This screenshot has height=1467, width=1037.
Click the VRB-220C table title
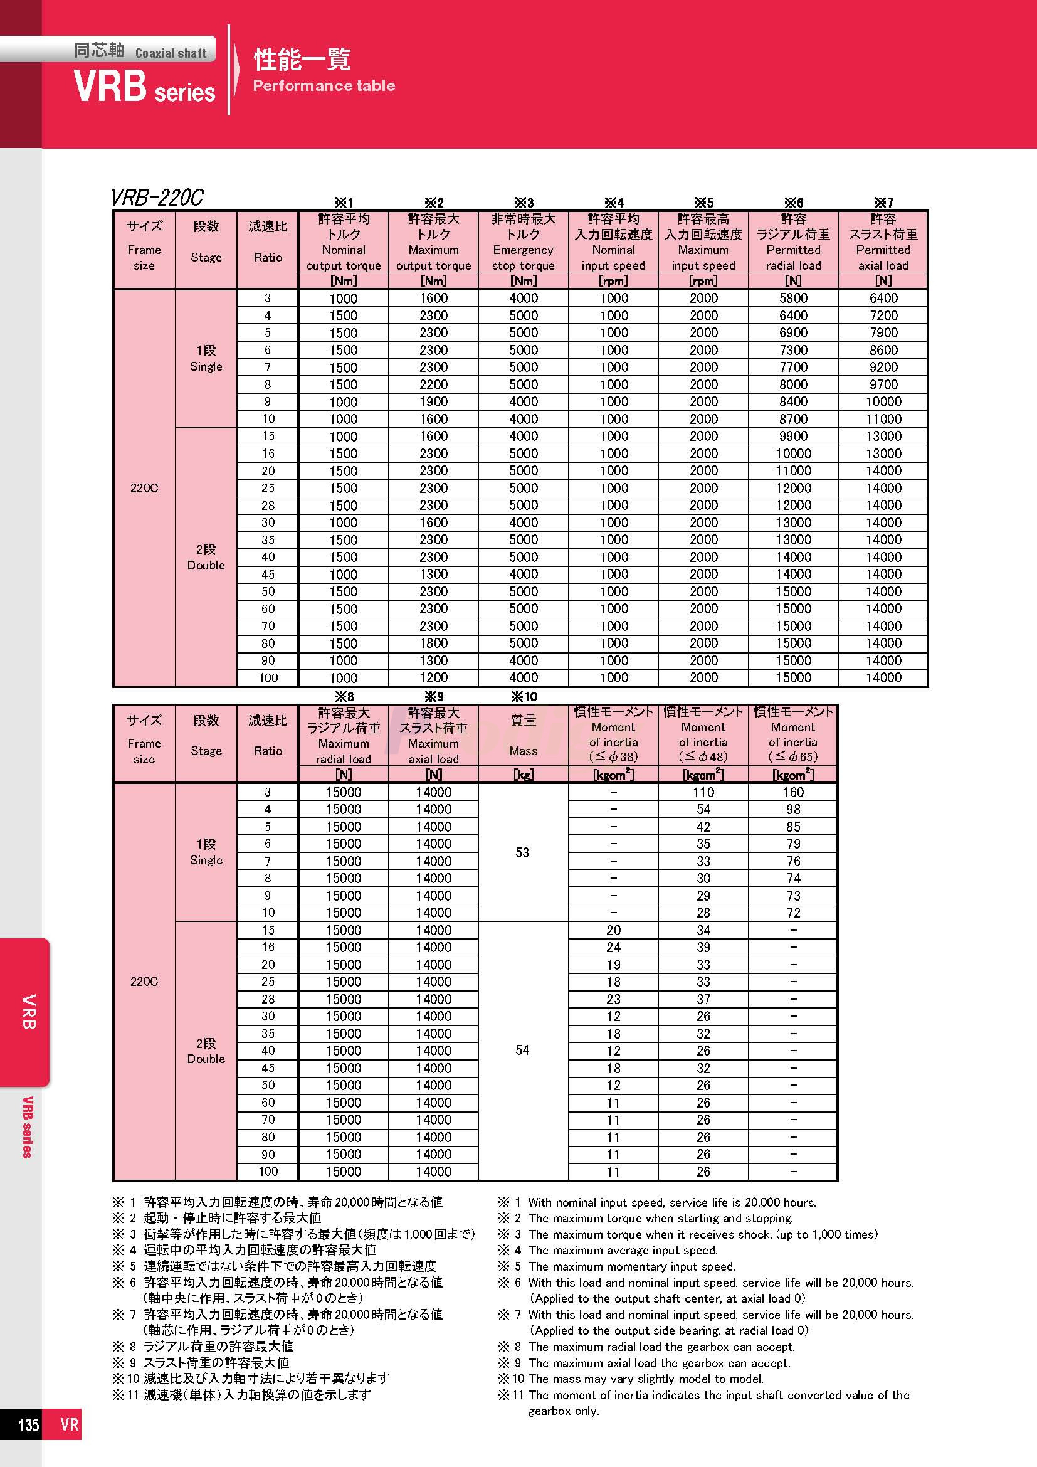point(157,198)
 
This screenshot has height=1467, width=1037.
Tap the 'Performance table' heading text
point(324,86)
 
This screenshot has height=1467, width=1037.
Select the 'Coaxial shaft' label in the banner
point(171,53)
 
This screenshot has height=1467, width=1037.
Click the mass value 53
point(522,852)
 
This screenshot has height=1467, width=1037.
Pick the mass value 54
point(522,1051)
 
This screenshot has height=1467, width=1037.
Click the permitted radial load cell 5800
point(793,299)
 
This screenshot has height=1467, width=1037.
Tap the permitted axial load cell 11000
point(883,419)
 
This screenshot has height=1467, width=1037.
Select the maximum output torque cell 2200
point(434,384)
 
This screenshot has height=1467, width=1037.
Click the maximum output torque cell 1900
point(434,402)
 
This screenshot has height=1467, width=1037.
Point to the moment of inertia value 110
point(703,792)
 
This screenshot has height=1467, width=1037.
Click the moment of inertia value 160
point(793,792)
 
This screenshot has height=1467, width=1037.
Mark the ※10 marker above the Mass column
point(523,696)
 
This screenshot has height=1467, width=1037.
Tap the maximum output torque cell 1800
point(434,643)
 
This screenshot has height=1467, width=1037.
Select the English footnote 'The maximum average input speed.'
point(623,1251)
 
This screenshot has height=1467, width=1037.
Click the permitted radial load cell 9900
point(793,437)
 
